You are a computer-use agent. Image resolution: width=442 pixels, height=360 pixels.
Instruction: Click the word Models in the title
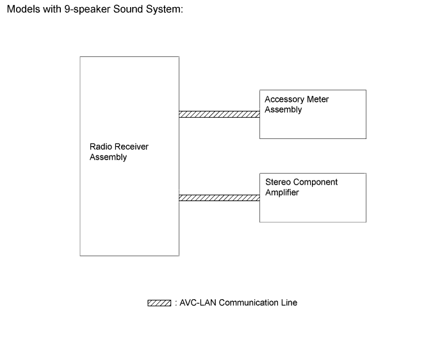point(22,11)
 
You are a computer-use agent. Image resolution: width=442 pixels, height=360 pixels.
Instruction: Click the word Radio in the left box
point(101,147)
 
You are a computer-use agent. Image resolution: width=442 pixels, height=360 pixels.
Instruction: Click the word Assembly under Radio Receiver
point(108,158)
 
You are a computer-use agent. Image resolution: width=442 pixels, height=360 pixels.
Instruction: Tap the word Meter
point(317,100)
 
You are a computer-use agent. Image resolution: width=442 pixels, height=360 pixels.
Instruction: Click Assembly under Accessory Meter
point(283,110)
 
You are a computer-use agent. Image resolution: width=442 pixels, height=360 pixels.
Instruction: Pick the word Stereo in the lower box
point(278,183)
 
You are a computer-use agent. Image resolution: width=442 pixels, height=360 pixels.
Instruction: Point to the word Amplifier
point(282,193)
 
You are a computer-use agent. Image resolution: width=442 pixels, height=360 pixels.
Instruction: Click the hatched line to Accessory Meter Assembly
point(219,115)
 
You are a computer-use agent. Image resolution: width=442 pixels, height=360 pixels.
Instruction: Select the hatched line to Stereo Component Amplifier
point(219,198)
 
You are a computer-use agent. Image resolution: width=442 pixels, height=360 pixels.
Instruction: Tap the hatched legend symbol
point(159,303)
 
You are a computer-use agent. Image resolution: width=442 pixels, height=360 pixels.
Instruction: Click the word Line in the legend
point(289,303)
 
